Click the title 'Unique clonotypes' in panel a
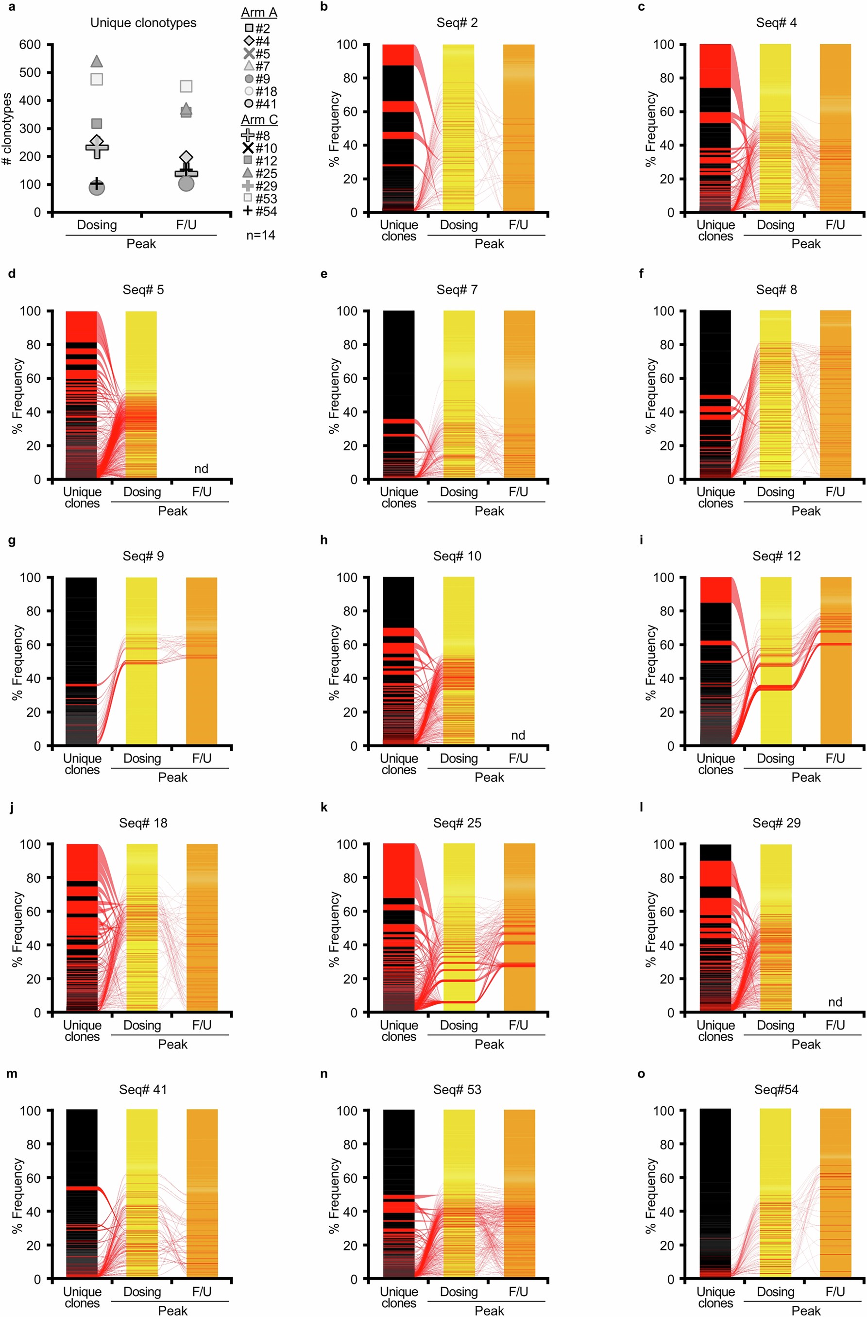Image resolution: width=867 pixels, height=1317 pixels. click(x=143, y=23)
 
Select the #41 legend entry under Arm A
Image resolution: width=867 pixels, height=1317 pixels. click(x=260, y=103)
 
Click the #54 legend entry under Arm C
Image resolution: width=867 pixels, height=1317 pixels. click(x=260, y=211)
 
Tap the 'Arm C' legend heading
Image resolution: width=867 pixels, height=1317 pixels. click(x=259, y=119)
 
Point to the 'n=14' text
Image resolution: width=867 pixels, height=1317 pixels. click(x=260, y=235)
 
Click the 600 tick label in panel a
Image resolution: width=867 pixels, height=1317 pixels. click(x=30, y=44)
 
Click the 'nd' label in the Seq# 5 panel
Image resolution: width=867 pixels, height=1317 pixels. click(x=201, y=469)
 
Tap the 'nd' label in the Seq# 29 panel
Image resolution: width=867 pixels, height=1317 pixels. click(x=835, y=1002)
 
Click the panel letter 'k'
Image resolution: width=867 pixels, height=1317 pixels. click(x=324, y=808)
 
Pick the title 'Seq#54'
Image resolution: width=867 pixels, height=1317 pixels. click(x=776, y=1090)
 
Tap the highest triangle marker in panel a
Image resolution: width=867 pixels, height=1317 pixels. click(x=96, y=61)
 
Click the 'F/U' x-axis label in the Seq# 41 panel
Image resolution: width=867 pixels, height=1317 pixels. click(x=202, y=1292)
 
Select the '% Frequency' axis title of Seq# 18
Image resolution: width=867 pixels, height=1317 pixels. click(x=17, y=929)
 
